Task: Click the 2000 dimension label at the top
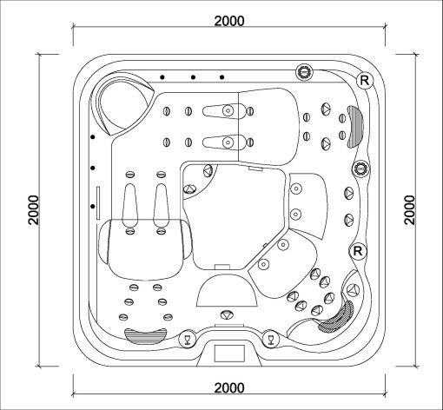pos(229,21)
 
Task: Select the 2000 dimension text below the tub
pos(229,387)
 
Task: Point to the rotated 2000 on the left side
pos(34,210)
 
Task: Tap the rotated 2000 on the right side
pos(409,210)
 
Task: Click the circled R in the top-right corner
pos(365,80)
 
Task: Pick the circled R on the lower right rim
pos(358,251)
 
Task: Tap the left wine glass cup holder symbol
pos(187,339)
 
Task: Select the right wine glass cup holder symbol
pos(271,339)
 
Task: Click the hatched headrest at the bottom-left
pos(146,336)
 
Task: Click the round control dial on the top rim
pos(304,71)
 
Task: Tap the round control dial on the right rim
pos(361,169)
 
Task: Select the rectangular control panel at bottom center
pos(229,354)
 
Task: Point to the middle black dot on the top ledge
pos(193,77)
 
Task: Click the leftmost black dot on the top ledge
pos(162,77)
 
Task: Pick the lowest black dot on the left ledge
pos(93,206)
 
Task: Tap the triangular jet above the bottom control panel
pos(227,314)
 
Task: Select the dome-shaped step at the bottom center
pos(227,290)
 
